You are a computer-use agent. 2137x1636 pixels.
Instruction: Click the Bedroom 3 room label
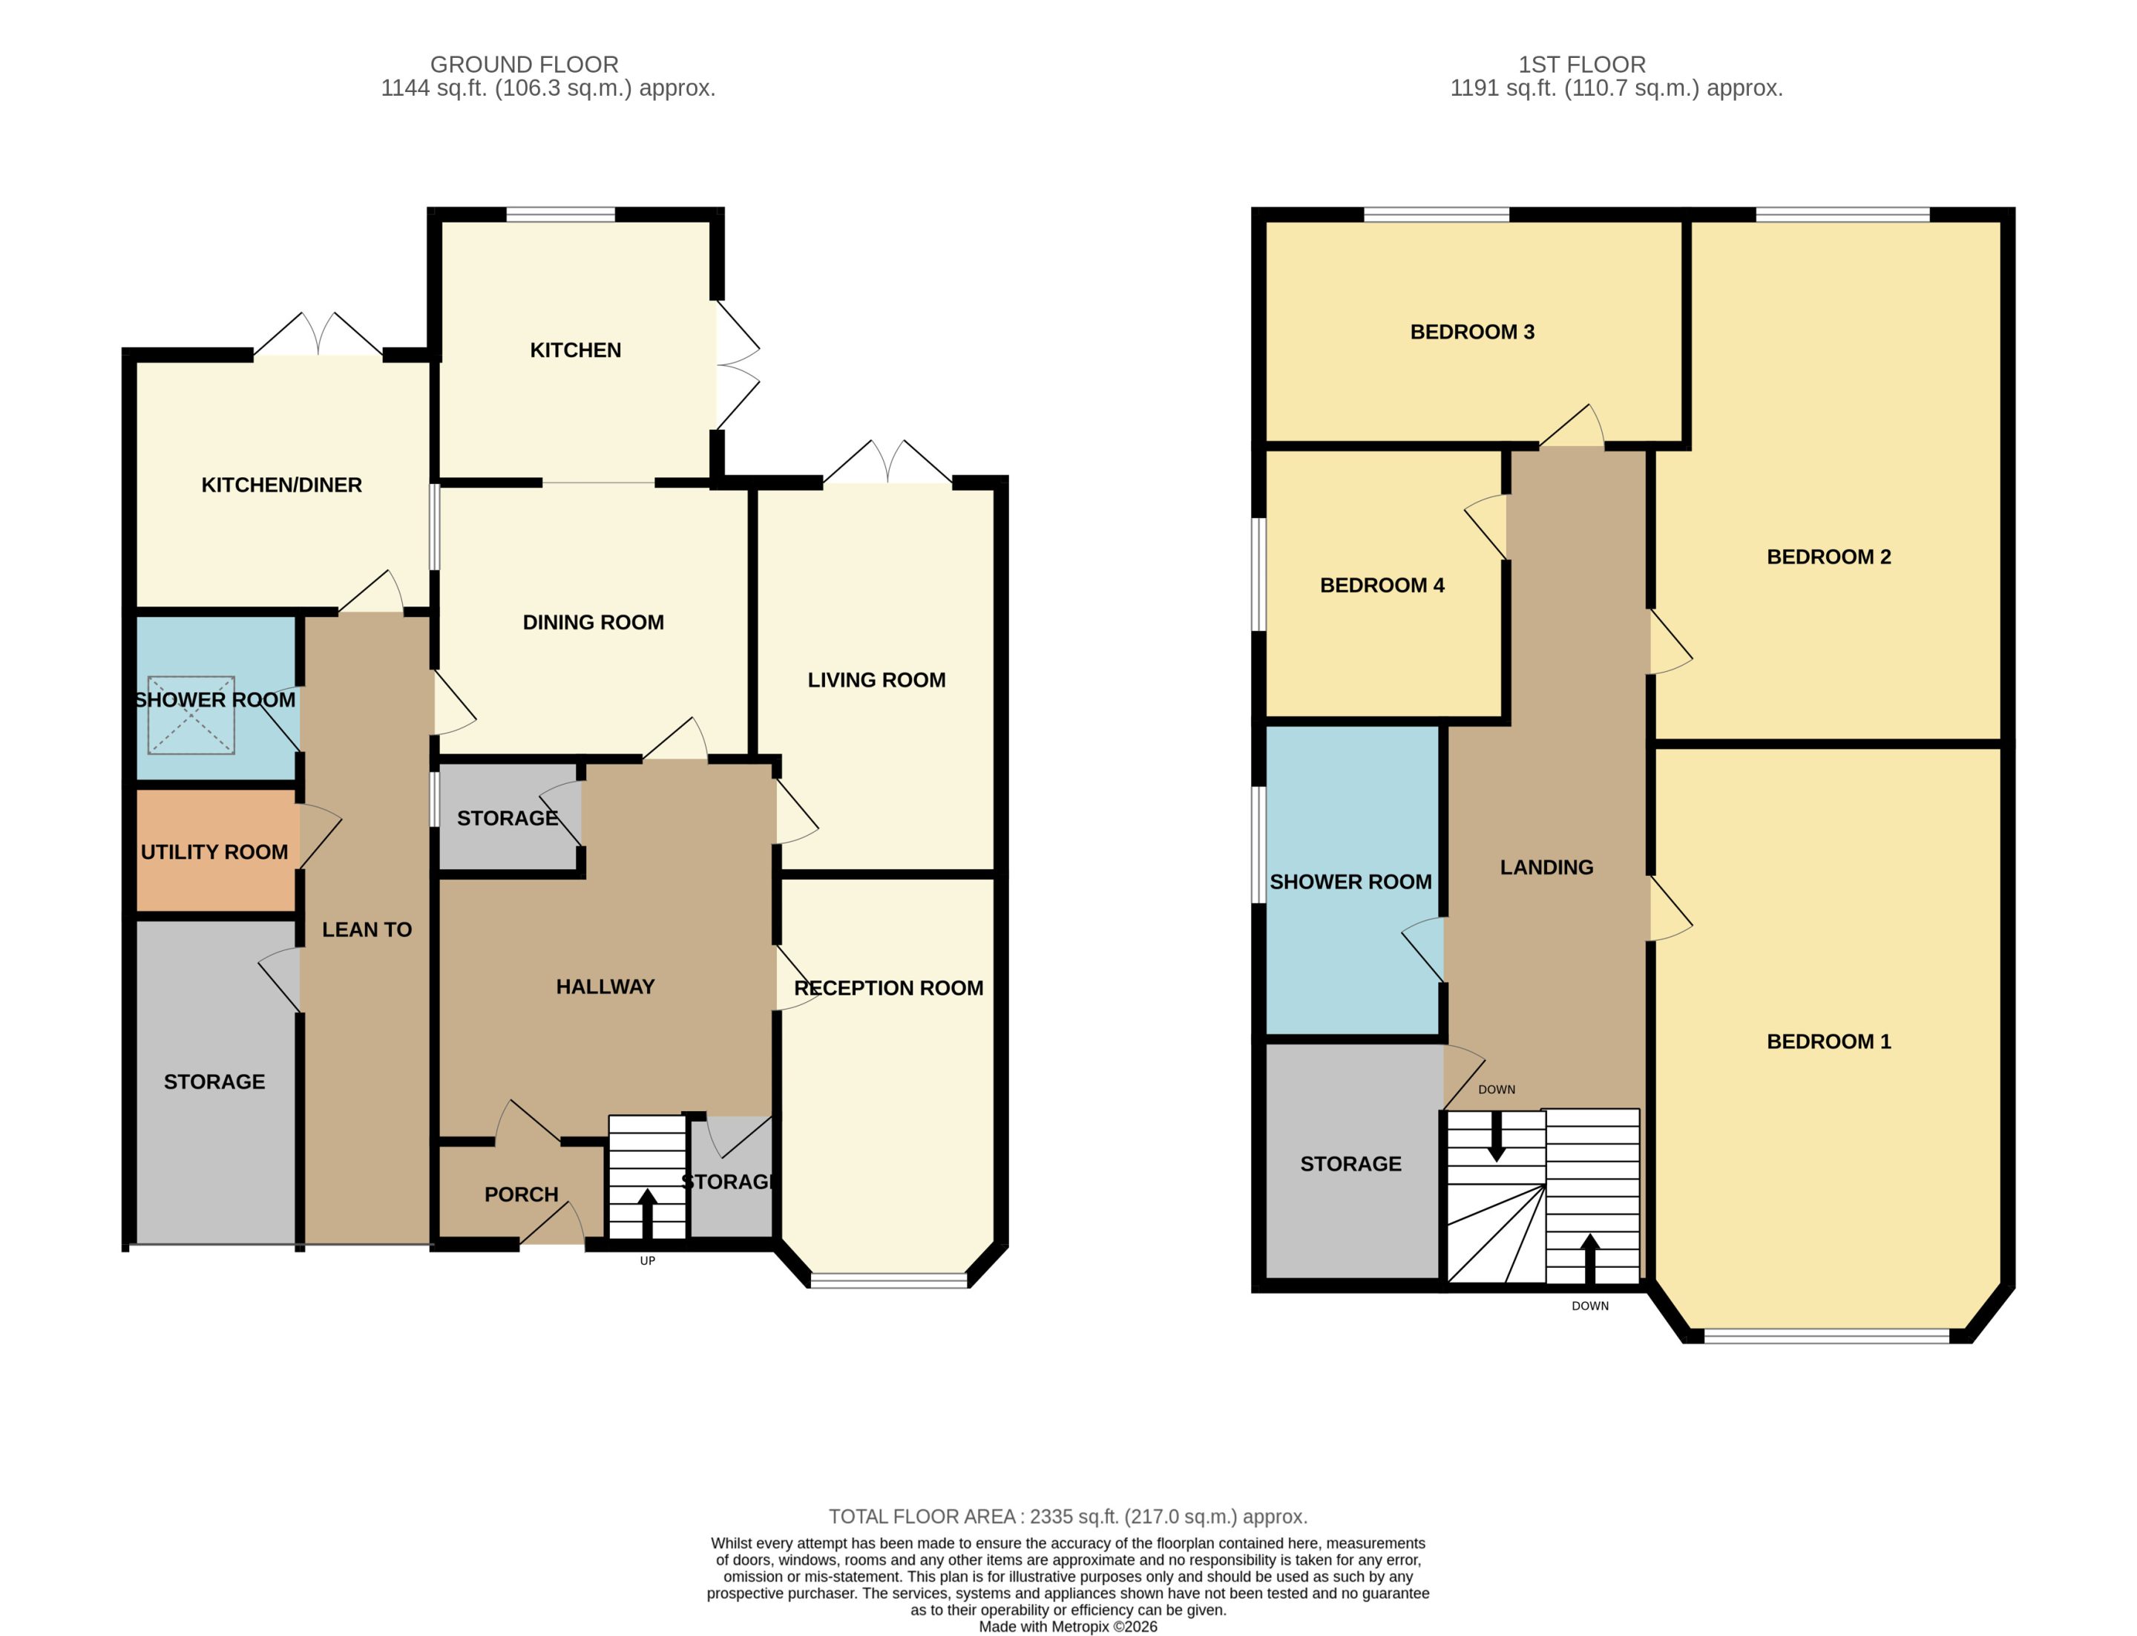1471,332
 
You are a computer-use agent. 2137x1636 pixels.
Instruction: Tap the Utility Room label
214,852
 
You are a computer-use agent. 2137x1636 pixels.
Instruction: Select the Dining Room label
593,622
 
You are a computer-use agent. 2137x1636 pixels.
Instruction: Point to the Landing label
1546,868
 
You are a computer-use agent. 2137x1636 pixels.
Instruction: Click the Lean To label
367,930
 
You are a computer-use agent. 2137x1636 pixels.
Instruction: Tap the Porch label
521,1195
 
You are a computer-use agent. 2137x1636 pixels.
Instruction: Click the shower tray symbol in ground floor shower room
191,715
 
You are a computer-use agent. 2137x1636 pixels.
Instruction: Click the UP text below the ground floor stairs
648,1261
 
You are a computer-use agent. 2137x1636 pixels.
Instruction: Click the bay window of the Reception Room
889,1280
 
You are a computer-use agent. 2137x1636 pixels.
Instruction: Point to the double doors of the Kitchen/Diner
318,335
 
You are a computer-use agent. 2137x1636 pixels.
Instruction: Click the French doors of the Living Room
888,462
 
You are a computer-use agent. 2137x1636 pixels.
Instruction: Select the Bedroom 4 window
1259,574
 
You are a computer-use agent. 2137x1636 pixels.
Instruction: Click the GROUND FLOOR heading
524,65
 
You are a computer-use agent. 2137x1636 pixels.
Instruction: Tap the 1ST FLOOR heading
1582,65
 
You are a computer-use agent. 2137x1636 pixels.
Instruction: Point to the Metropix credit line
1068,1626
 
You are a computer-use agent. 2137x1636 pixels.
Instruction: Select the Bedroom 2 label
1828,557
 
